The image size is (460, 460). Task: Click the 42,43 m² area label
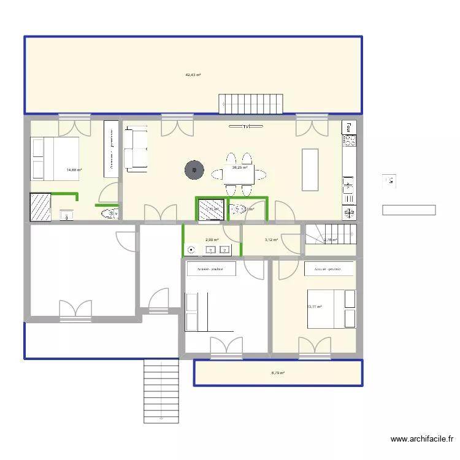click(193, 75)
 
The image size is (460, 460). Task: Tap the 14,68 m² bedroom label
click(75, 171)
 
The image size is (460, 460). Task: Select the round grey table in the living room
click(194, 170)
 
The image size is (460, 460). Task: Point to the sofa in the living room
click(136, 148)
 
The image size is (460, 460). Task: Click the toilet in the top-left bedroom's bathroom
click(109, 213)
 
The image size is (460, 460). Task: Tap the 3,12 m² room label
click(271, 240)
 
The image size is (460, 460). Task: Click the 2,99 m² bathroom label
click(212, 240)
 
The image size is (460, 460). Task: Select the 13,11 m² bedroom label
click(314, 307)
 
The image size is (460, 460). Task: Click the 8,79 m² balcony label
click(278, 372)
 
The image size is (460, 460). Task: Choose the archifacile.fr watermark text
click(421, 439)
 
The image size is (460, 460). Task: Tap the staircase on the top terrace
click(251, 104)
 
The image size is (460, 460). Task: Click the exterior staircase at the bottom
click(161, 391)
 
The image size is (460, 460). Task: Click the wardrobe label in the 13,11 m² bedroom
click(329, 269)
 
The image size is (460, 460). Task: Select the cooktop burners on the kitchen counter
click(349, 142)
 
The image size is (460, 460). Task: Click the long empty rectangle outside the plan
click(408, 210)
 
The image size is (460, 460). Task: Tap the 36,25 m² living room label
click(240, 167)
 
